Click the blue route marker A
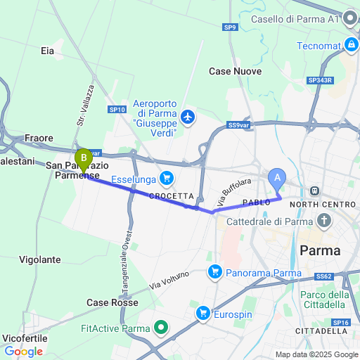click(277, 179)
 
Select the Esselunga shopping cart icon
click(166, 178)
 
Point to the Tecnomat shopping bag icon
click(350, 44)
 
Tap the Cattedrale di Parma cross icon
click(324, 222)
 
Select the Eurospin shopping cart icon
click(203, 312)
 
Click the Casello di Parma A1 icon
click(352, 19)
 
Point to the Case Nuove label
click(236, 72)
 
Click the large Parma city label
click(320, 250)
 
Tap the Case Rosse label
click(112, 302)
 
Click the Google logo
click(23, 352)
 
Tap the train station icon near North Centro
click(313, 191)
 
